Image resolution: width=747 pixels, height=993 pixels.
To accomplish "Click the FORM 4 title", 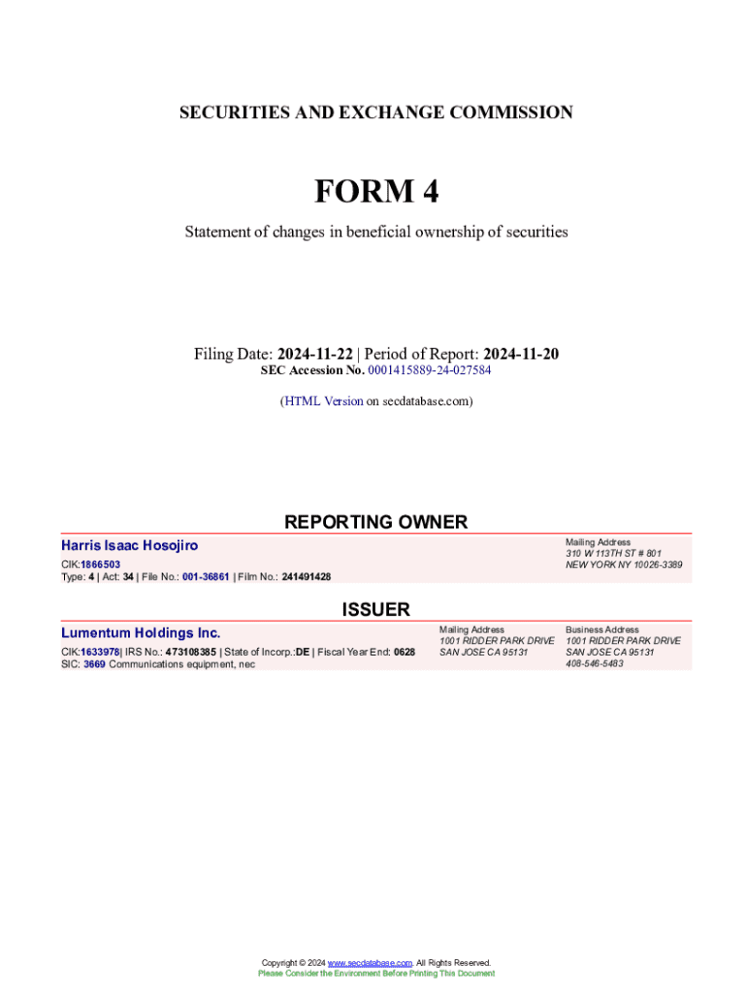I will [375, 192].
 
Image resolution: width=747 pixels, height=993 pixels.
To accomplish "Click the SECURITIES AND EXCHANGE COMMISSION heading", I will [375, 112].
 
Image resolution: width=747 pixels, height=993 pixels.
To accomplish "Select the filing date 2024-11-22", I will [314, 354].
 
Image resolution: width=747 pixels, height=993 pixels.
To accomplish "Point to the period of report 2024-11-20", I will [521, 354].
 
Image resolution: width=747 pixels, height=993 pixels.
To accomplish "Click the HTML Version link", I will [324, 400].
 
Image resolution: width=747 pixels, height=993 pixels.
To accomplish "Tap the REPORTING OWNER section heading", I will [375, 522].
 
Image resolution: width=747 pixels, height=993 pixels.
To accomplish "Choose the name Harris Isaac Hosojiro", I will [129, 546].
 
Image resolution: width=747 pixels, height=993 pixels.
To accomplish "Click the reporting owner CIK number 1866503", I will [100, 563].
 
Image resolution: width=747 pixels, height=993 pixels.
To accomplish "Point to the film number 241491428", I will [306, 577].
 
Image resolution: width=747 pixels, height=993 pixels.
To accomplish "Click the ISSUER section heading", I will [375, 609].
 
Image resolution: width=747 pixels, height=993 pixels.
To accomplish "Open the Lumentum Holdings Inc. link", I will [141, 633].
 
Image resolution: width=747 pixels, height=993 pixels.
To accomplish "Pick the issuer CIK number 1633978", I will [100, 652].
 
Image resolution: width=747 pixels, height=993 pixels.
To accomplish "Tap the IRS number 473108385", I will [190, 652].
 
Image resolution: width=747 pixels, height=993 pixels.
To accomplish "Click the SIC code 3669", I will [94, 664].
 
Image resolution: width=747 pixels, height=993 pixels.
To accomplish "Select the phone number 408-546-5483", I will [595, 664].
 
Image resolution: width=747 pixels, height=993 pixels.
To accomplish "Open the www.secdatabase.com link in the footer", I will [370, 963].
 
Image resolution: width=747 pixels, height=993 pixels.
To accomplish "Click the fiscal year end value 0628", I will [405, 652].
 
